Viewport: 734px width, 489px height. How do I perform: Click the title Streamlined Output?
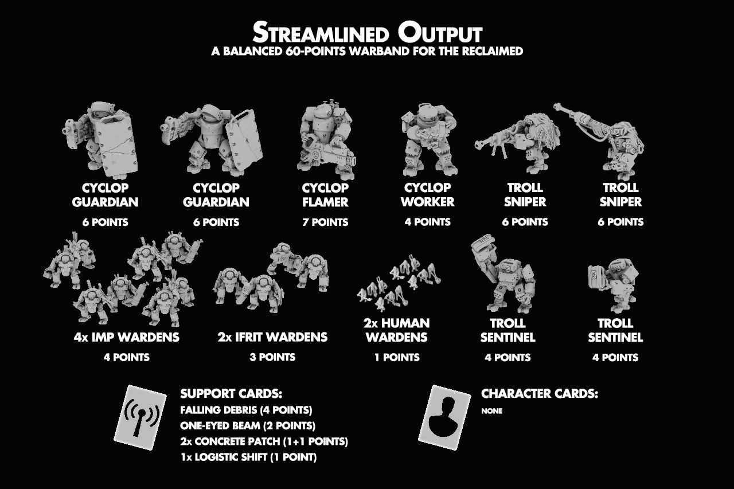pyautogui.click(x=367, y=33)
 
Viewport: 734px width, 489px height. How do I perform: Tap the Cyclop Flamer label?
pyautogui.click(x=325, y=195)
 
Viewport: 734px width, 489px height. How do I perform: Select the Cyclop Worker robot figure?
pyautogui.click(x=428, y=140)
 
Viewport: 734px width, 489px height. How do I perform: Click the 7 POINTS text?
pyautogui.click(x=325, y=222)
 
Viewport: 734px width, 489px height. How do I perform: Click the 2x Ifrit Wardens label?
pyautogui.click(x=272, y=337)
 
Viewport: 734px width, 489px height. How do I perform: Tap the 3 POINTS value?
pyautogui.click(x=272, y=357)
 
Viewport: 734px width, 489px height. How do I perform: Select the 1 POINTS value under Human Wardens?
pyautogui.click(x=397, y=357)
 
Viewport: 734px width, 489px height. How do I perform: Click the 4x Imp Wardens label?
pyautogui.click(x=127, y=337)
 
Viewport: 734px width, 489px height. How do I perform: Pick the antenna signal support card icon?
pyautogui.click(x=140, y=417)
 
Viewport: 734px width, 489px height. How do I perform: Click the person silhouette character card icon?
pyautogui.click(x=444, y=417)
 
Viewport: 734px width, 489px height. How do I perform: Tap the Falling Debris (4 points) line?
pyautogui.click(x=246, y=410)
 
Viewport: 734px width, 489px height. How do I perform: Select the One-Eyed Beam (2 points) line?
pyautogui.click(x=248, y=426)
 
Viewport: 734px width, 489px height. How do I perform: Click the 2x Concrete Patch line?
pyautogui.click(x=264, y=441)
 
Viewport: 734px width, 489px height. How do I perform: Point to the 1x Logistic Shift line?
pyautogui.click(x=249, y=457)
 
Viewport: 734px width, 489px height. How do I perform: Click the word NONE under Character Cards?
pyautogui.click(x=491, y=411)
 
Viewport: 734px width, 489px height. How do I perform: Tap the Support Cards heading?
pyautogui.click(x=231, y=394)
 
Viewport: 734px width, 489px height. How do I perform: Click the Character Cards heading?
pyautogui.click(x=540, y=394)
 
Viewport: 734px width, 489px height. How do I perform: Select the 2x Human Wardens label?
pyautogui.click(x=397, y=330)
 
